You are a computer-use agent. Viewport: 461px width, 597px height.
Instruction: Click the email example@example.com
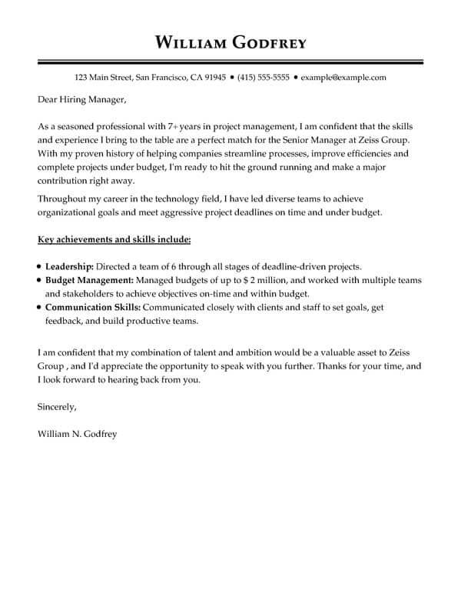343,78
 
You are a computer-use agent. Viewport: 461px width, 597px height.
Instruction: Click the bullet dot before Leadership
38,265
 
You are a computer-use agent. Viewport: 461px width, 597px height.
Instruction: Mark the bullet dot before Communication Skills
38,307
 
